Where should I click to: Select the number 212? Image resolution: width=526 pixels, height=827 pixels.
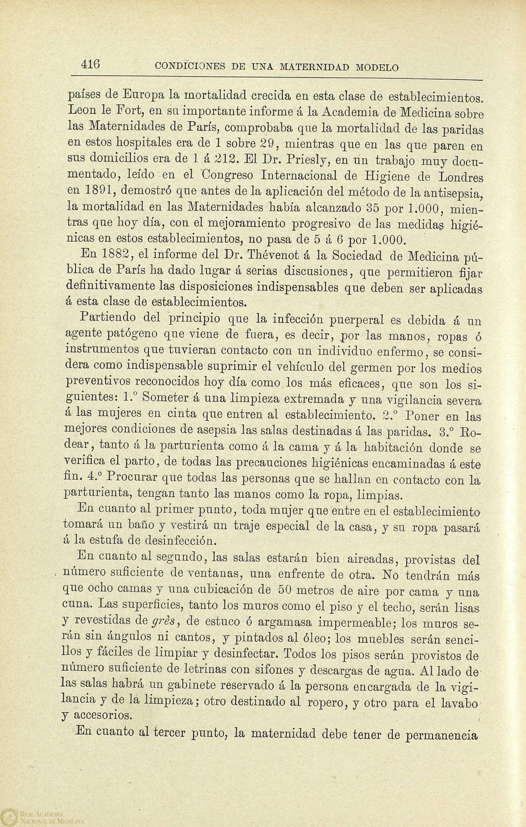point(224,161)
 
